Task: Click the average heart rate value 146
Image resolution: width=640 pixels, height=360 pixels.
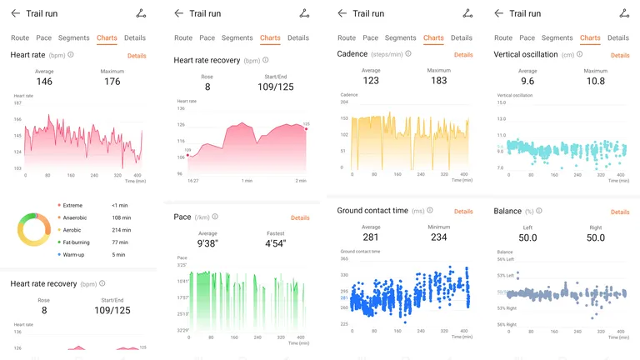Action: tap(43, 82)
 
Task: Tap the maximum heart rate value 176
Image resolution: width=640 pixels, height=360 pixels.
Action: tap(112, 82)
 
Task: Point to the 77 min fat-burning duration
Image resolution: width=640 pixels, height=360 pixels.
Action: tap(120, 242)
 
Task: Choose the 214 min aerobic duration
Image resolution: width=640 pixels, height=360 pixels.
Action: tap(122, 229)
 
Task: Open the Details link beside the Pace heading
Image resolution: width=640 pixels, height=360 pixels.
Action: tap(300, 217)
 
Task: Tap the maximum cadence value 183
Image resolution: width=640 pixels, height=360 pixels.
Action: tap(438, 81)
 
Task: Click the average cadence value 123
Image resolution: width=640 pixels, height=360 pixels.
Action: tap(371, 81)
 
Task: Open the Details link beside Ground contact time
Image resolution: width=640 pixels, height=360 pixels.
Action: tap(463, 212)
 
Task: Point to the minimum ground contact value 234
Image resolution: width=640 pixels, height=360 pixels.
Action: tap(438, 237)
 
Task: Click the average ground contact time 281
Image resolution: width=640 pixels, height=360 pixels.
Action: tap(371, 237)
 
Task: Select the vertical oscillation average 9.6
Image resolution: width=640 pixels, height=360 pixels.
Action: tap(527, 82)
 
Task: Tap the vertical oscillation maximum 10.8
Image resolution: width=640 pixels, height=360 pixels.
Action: tap(595, 82)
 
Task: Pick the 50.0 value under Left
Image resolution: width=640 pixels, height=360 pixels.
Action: tap(527, 238)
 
